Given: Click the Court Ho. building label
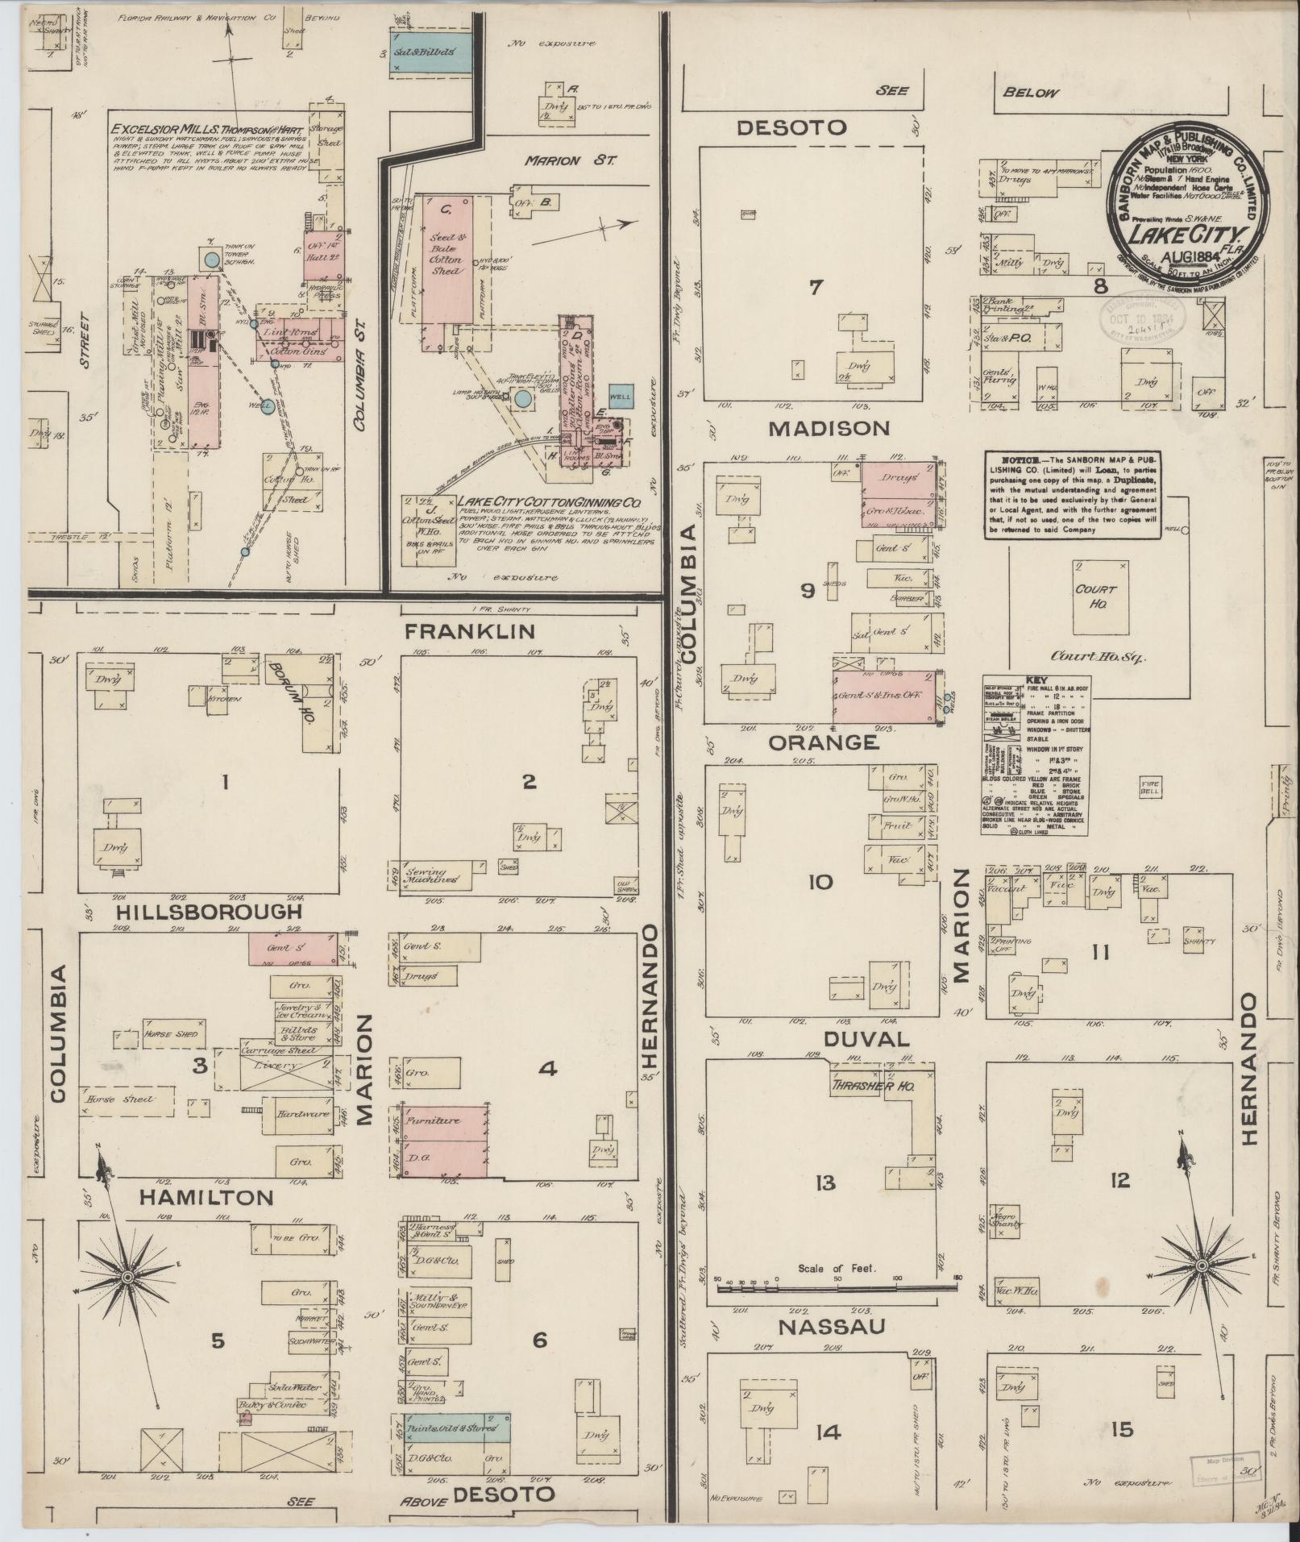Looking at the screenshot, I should tap(1095, 595).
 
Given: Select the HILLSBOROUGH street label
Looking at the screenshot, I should tap(198, 912).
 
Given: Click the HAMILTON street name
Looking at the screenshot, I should tap(206, 1198).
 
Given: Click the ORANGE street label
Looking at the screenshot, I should tap(822, 742).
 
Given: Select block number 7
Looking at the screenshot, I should tap(815, 286).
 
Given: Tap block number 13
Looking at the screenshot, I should tap(824, 1182).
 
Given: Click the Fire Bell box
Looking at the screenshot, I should tap(1149, 786).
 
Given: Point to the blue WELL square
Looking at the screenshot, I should tap(621, 397).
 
